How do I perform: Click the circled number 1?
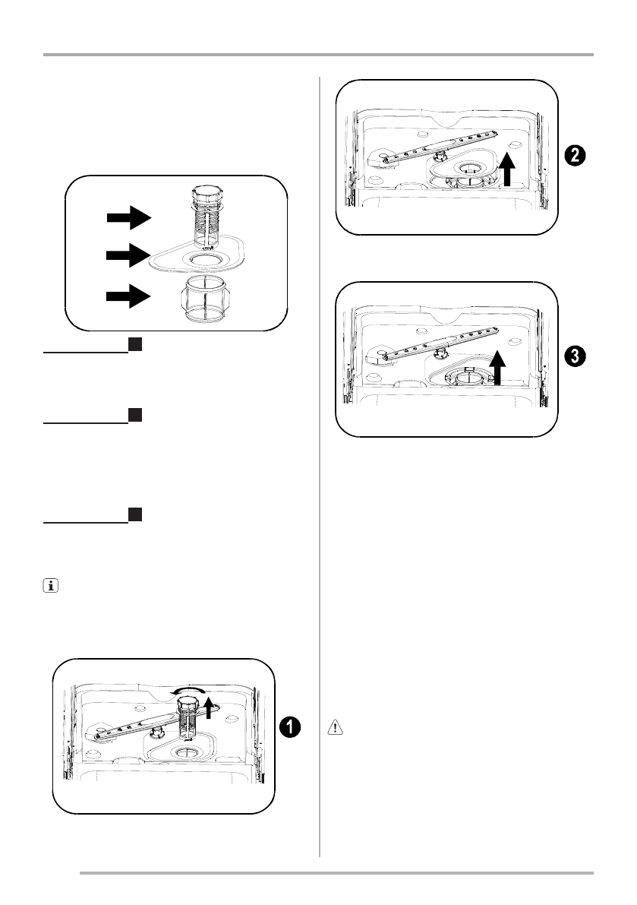coord(288,726)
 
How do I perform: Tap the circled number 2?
coord(575,156)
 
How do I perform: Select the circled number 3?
coord(575,356)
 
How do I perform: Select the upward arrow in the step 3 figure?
coord(497,367)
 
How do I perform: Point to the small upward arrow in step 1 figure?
coord(210,707)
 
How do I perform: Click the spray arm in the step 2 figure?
coord(429,145)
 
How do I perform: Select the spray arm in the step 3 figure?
coord(429,343)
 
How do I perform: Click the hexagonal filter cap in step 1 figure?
coord(187,707)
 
